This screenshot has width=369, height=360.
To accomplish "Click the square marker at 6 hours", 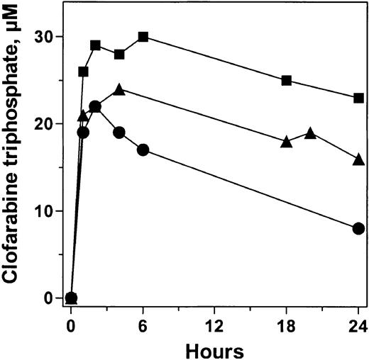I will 143,36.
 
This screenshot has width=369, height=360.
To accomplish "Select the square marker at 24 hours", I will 358,98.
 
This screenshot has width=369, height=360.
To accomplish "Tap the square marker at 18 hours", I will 287,80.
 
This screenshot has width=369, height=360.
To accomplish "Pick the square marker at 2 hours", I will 95,45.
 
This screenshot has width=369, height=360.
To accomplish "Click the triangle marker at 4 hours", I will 119,89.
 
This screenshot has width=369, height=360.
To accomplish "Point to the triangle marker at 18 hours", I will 287,141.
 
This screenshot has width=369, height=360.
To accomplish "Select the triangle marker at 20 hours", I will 310,133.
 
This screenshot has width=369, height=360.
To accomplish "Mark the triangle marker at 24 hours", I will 358,159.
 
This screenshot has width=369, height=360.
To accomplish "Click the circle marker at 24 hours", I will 358,228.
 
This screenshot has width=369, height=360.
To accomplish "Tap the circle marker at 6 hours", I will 143,150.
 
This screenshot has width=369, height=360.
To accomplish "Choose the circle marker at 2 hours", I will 95,106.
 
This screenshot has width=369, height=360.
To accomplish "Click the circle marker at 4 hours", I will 119,133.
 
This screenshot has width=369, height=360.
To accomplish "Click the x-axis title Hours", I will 214,349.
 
